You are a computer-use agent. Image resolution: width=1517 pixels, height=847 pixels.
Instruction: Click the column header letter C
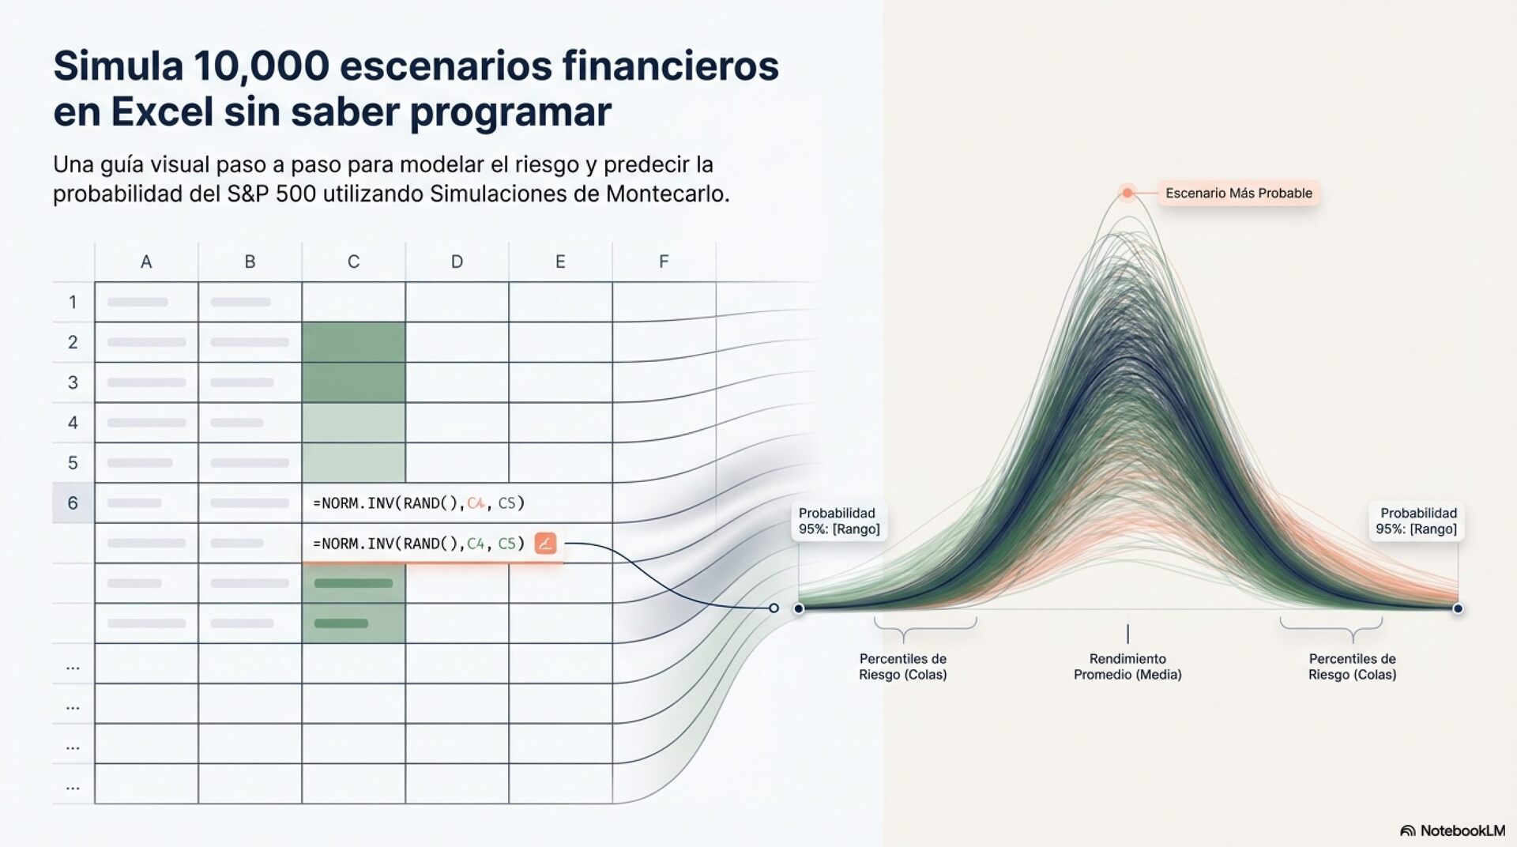coord(353,262)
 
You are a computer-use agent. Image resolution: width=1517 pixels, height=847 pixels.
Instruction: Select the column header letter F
coord(664,262)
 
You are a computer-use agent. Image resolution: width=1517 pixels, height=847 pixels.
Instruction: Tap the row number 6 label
coord(73,503)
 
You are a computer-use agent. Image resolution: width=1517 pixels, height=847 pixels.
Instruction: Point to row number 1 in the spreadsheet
coord(73,302)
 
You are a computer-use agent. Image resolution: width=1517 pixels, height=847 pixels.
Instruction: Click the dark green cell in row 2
coord(353,342)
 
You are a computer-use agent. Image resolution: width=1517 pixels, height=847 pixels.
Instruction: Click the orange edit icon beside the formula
coord(545,544)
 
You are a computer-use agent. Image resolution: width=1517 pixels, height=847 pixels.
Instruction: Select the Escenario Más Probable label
coord(1238,193)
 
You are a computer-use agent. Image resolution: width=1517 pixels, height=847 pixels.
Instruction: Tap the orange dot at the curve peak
coord(1127,193)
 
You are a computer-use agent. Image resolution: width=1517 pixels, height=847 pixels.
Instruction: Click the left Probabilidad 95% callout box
coord(838,521)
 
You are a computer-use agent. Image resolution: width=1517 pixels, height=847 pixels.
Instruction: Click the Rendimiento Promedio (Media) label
coord(1127,666)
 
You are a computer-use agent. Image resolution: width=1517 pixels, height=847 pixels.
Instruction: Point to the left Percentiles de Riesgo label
coord(903,666)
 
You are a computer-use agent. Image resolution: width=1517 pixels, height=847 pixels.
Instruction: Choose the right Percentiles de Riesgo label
coord(1352,666)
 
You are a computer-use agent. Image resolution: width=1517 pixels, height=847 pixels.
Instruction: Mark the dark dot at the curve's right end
coord(1458,608)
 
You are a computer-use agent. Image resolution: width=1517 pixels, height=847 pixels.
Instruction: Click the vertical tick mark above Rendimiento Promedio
coord(1127,634)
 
